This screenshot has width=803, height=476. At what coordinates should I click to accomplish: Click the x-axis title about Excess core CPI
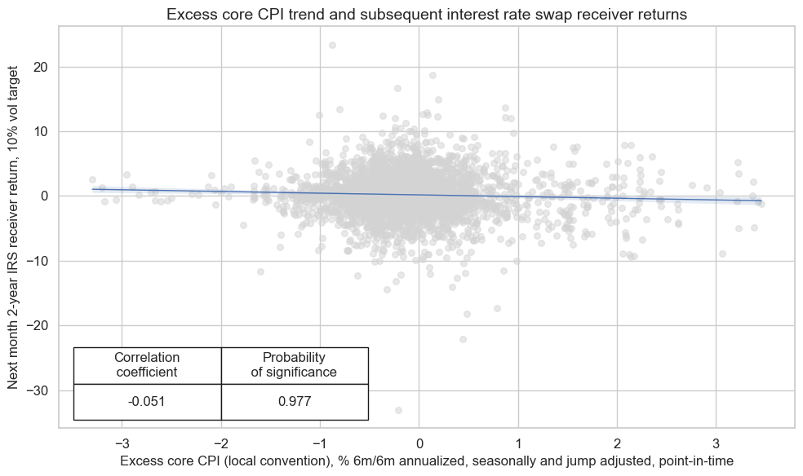pyautogui.click(x=426, y=461)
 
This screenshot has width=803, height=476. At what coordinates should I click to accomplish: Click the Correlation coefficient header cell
pyautogui.click(x=147, y=365)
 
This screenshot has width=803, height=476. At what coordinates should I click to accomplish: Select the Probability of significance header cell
pyautogui.click(x=294, y=365)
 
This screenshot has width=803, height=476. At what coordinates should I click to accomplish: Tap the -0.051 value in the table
pyautogui.click(x=147, y=401)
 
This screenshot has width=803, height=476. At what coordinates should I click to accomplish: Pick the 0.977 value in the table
pyautogui.click(x=294, y=401)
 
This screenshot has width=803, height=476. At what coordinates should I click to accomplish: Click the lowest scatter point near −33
pyautogui.click(x=398, y=410)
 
